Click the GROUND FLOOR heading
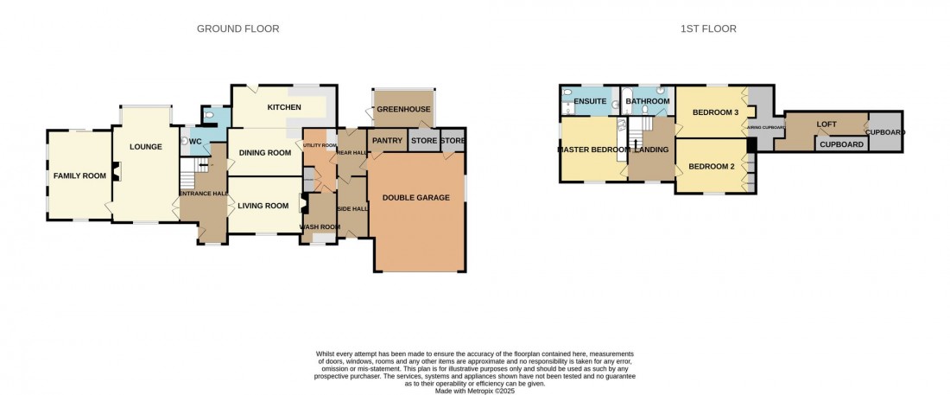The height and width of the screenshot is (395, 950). pyautogui.click(x=237, y=29)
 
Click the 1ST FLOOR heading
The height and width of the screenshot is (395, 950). pyautogui.click(x=707, y=29)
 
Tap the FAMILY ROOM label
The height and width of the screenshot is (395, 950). pyautogui.click(x=79, y=175)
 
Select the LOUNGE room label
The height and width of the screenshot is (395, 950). pyautogui.click(x=146, y=147)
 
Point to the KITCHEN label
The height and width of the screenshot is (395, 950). pyautogui.click(x=284, y=107)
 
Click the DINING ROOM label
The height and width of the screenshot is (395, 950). pyautogui.click(x=265, y=153)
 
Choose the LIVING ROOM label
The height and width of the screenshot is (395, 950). pyautogui.click(x=263, y=206)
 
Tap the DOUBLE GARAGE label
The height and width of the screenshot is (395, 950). pyautogui.click(x=417, y=198)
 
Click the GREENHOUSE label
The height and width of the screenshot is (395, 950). pyautogui.click(x=403, y=110)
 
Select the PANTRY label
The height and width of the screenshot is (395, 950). pyautogui.click(x=387, y=141)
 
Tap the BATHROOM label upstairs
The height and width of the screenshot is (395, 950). pyautogui.click(x=648, y=102)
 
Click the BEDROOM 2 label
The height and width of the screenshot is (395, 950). pyautogui.click(x=711, y=165)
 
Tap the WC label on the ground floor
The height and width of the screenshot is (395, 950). pyautogui.click(x=195, y=141)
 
